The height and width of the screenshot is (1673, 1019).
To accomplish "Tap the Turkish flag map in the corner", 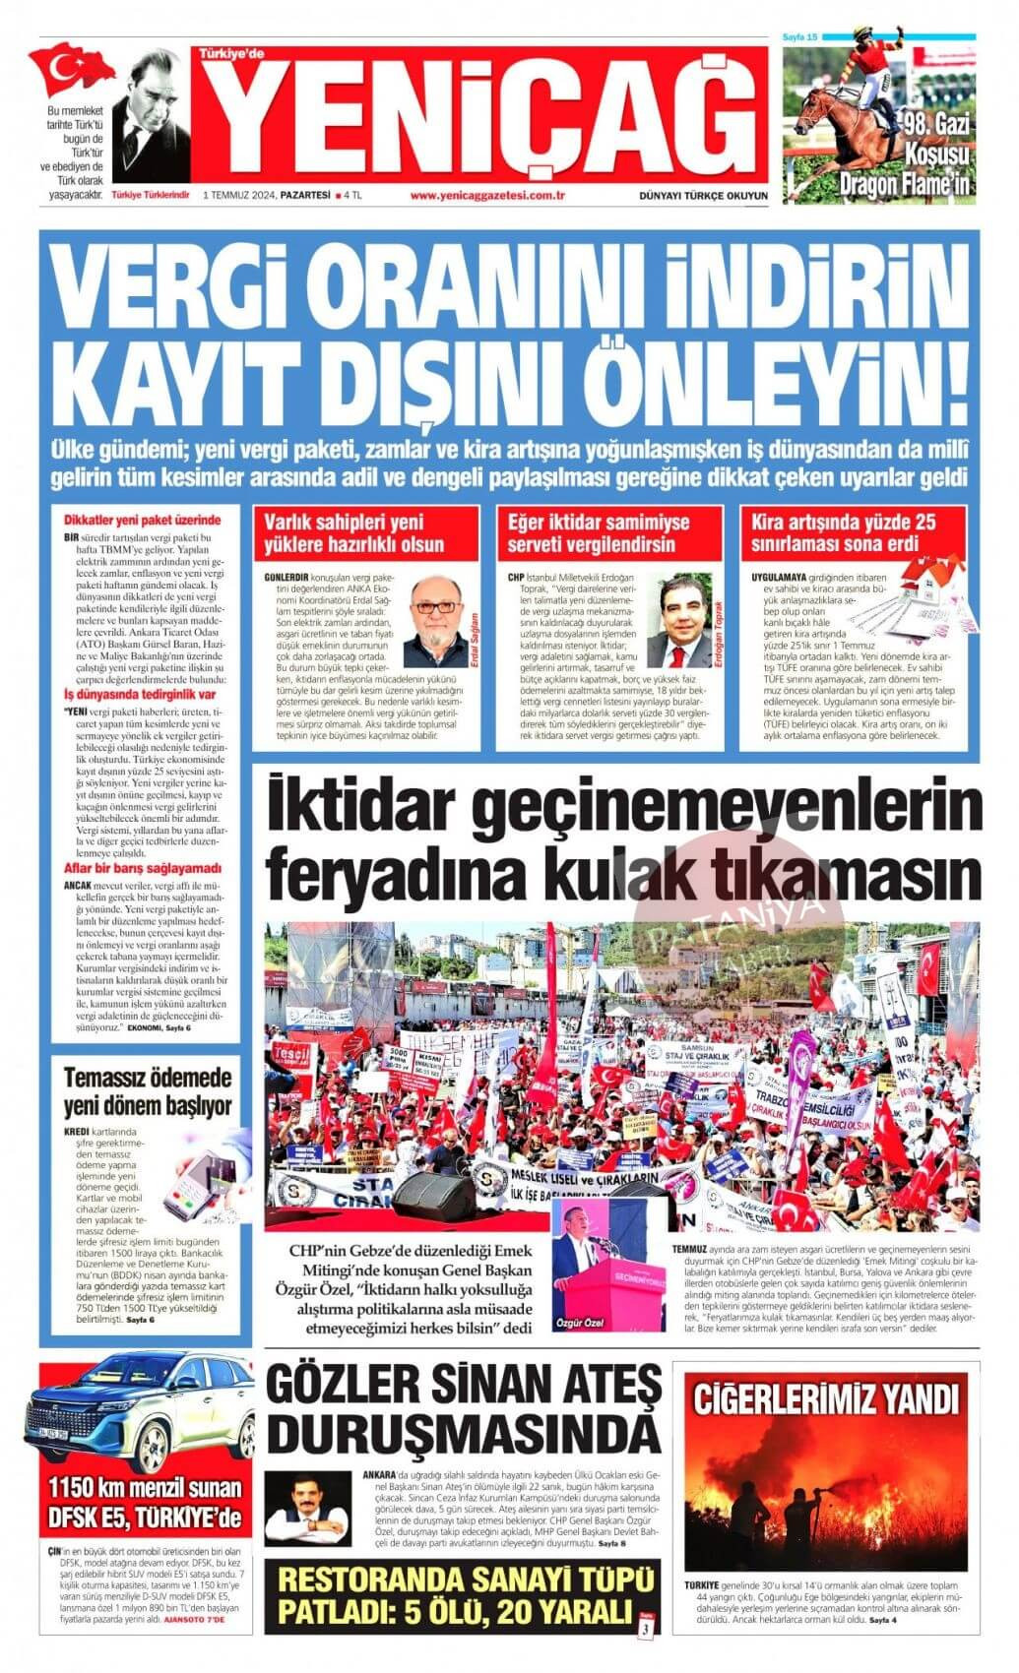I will (71, 69).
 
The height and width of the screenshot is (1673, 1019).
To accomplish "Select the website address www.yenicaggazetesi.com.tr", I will (487, 195).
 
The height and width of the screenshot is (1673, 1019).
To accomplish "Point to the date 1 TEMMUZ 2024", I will (239, 195).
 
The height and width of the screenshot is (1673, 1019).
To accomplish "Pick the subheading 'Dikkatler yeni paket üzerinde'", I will (141, 520).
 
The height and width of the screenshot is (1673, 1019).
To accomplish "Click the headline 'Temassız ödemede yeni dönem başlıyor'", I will (148, 1089).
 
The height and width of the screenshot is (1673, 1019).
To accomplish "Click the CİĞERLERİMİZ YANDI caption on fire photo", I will (825, 1398).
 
